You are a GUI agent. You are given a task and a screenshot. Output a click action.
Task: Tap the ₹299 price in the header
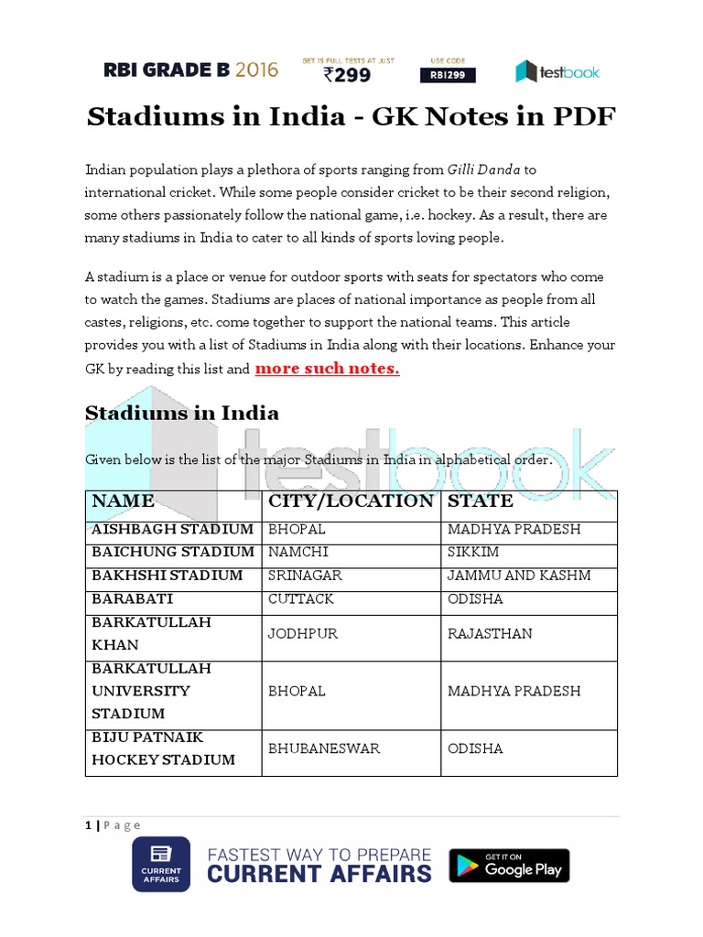pyautogui.click(x=349, y=76)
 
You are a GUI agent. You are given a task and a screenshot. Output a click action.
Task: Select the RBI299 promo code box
pyautogui.click(x=448, y=76)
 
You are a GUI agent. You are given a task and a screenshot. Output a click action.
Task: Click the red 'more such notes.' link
pyautogui.click(x=327, y=369)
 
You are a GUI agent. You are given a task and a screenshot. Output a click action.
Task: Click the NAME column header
pyautogui.click(x=123, y=501)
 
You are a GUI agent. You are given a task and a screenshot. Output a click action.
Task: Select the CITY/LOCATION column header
pyautogui.click(x=351, y=501)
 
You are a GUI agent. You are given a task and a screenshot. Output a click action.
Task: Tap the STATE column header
pyautogui.click(x=481, y=501)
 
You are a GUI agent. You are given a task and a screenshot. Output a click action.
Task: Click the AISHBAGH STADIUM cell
pyautogui.click(x=172, y=529)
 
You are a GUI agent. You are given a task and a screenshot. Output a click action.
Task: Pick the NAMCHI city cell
pyautogui.click(x=297, y=552)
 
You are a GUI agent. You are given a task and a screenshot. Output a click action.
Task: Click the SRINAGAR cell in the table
pyautogui.click(x=306, y=576)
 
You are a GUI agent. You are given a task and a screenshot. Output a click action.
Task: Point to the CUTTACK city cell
pyautogui.click(x=301, y=598)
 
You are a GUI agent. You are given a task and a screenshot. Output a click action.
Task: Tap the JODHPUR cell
pyautogui.click(x=301, y=633)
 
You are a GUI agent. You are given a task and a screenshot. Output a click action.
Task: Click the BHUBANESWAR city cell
pyautogui.click(x=324, y=749)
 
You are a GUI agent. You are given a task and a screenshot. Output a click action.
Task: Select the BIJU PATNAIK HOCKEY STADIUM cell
pyautogui.click(x=163, y=749)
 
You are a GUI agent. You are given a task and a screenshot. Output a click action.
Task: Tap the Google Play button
pyautogui.click(x=509, y=866)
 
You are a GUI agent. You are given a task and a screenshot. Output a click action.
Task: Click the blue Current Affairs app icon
pyautogui.click(x=161, y=865)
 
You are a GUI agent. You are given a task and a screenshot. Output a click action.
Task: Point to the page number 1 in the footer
pyautogui.click(x=89, y=824)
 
